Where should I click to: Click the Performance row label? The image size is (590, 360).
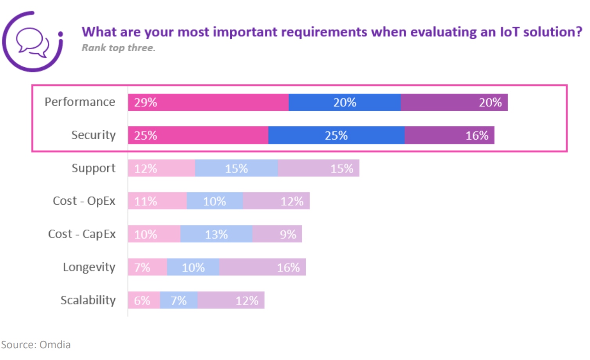point(80,102)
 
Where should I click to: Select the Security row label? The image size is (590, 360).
point(93,135)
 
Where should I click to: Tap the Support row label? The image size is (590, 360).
point(93,168)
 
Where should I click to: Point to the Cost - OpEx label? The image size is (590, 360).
point(84,201)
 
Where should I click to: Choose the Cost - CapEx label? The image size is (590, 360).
point(81,234)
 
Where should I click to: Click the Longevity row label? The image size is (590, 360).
point(89,267)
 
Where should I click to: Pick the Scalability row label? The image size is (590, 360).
point(88,300)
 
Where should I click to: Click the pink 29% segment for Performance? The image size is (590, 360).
point(208,103)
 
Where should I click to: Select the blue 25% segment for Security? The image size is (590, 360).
point(336,135)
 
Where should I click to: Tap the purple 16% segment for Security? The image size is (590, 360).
point(449,135)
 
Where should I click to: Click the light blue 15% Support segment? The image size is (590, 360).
point(236,168)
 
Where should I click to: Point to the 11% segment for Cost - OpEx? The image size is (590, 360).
point(157,201)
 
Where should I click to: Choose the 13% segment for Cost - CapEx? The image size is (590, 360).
point(216,234)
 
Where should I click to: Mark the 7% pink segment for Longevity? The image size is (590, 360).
point(147,267)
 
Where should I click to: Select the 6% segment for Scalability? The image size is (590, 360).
point(144,301)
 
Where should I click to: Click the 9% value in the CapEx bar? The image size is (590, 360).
point(288,234)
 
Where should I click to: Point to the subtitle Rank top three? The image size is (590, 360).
point(118,48)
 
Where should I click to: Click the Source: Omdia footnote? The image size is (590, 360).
point(36,345)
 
